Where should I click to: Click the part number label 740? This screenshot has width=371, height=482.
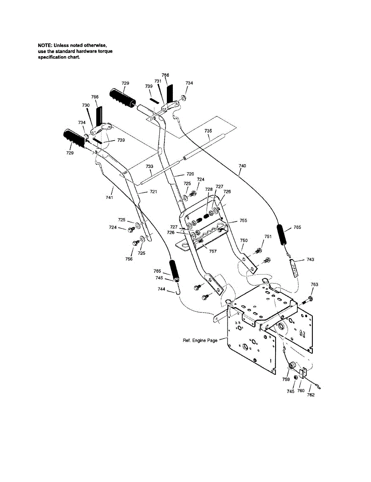(242, 165)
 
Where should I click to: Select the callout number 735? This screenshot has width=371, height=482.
(208, 131)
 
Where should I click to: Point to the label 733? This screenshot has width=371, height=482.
(149, 166)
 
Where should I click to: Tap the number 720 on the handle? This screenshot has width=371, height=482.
(190, 174)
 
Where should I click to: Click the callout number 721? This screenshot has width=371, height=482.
(153, 192)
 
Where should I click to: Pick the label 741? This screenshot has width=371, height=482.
(109, 198)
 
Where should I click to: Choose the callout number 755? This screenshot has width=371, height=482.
(243, 221)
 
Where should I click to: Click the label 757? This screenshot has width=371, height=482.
(213, 251)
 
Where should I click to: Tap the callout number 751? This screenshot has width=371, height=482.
(268, 237)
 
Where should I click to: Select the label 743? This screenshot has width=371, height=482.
(310, 259)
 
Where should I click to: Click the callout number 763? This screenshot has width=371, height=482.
(314, 284)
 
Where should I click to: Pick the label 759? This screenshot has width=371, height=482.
(286, 379)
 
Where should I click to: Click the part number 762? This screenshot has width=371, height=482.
(311, 395)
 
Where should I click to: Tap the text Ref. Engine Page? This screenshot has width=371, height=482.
(200, 341)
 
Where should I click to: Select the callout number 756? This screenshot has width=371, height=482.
(129, 259)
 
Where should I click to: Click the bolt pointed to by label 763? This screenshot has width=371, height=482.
(309, 299)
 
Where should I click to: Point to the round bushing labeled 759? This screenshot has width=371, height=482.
(292, 366)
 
